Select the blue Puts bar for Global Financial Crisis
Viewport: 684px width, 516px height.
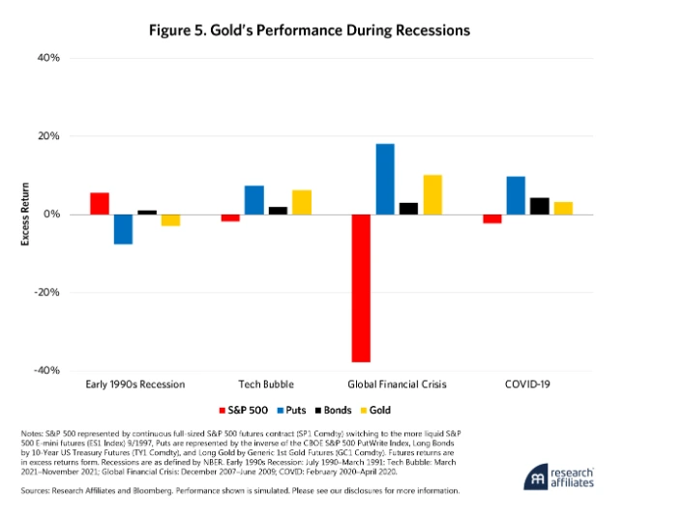385,179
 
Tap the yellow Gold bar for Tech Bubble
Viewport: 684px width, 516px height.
301,202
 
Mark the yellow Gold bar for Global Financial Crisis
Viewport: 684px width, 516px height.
431,194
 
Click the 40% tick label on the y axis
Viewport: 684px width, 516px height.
48,58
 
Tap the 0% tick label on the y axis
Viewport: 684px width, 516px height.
52,214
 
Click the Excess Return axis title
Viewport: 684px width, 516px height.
25,214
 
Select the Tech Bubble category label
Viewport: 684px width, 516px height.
266,384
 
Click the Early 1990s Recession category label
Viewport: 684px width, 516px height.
134,384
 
